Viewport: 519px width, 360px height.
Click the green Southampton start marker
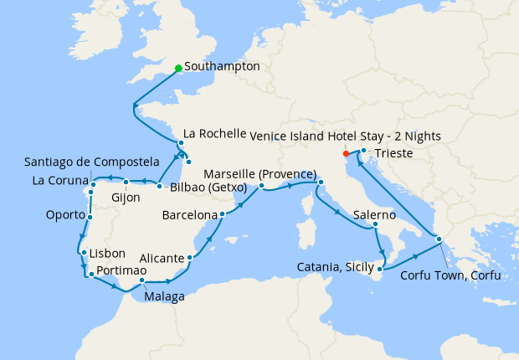pyautogui.click(x=178, y=69)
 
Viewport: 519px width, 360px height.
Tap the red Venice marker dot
pyautogui.click(x=346, y=154)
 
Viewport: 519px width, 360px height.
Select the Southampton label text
pyautogui.click(x=221, y=66)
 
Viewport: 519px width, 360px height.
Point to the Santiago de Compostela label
pyautogui.click(x=92, y=161)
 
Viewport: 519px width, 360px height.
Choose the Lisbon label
pyautogui.click(x=108, y=253)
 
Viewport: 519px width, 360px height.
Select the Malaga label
pyautogui.click(x=164, y=296)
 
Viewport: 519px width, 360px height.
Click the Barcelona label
pyautogui.click(x=189, y=215)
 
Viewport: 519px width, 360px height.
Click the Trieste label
pyautogui.click(x=393, y=154)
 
